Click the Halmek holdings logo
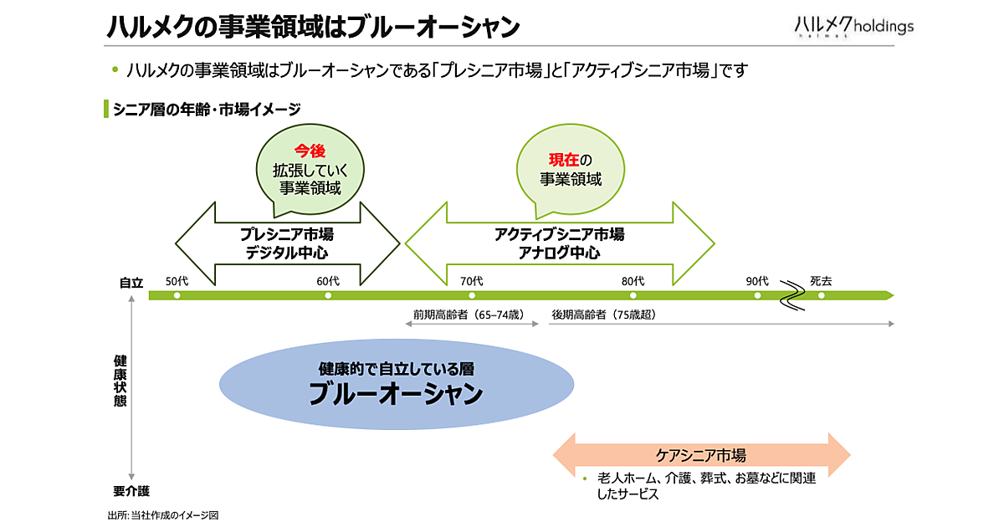coord(853,26)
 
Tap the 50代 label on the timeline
coord(177,281)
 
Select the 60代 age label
coord(328,281)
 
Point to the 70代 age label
coord(472,281)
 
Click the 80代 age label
coord(633,281)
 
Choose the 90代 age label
coord(757,281)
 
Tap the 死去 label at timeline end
coord(821,281)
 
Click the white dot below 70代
coord(472,295)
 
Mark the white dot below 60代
coord(328,295)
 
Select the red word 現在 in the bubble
coord(562,160)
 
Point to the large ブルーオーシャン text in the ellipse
coord(396,393)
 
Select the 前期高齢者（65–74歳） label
coord(468,315)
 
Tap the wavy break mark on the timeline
coord(791,294)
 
